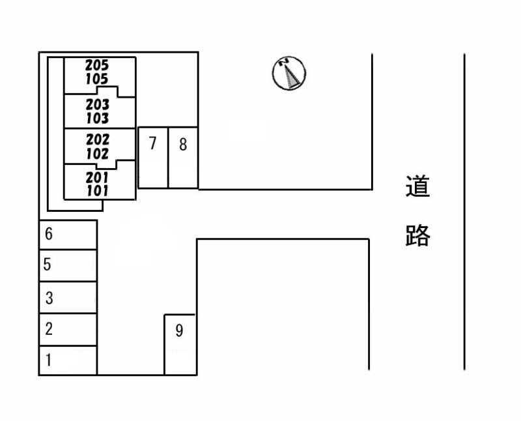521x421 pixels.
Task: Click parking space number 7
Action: pyautogui.click(x=153, y=158)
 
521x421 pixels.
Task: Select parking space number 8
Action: pyautogui.click(x=183, y=158)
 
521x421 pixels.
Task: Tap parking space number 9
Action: pyautogui.click(x=180, y=344)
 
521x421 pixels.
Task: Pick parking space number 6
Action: pyautogui.click(x=68, y=235)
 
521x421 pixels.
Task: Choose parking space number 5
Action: pyautogui.click(x=68, y=265)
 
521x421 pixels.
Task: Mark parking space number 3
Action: pyautogui.click(x=68, y=298)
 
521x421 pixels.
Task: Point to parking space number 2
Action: pyautogui.click(x=68, y=329)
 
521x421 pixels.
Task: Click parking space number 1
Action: pyautogui.click(x=68, y=360)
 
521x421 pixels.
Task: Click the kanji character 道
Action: pyautogui.click(x=417, y=187)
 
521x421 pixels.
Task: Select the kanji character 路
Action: pyautogui.click(x=417, y=235)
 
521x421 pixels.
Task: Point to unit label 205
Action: pyautogui.click(x=97, y=65)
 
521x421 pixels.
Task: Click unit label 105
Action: pyautogui.click(x=97, y=79)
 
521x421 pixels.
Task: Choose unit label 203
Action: pyautogui.click(x=97, y=104)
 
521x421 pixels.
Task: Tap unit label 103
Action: pyautogui.click(x=97, y=119)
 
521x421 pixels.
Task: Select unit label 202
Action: pyautogui.click(x=97, y=139)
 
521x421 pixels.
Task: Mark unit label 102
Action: pyautogui.click(x=97, y=154)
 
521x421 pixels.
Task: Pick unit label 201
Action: pyautogui.click(x=97, y=177)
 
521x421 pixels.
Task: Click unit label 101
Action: pyautogui.click(x=97, y=191)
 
